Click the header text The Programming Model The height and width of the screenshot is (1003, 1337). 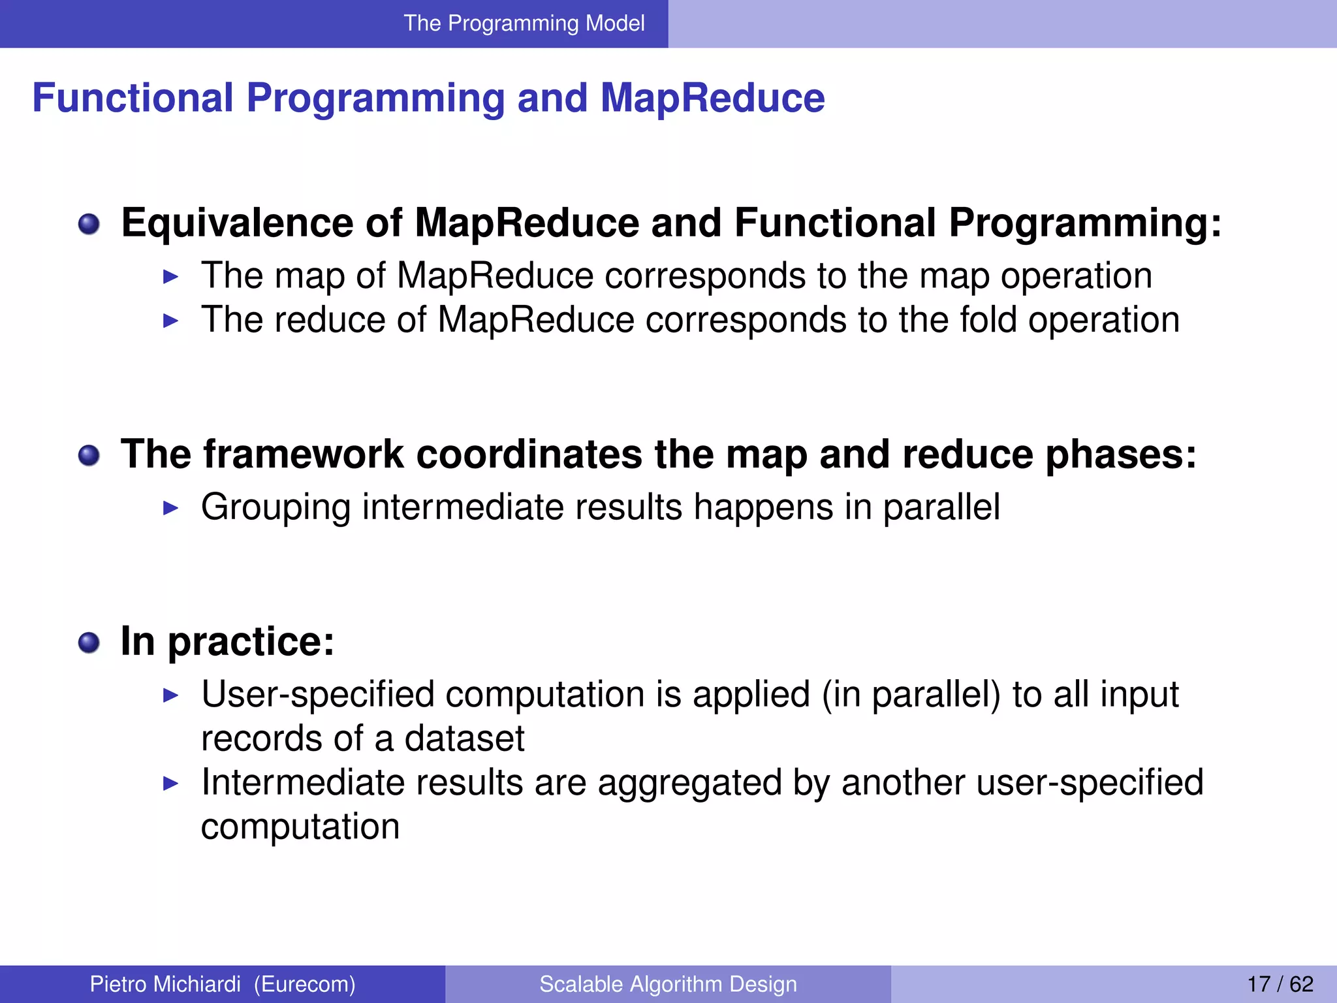(524, 24)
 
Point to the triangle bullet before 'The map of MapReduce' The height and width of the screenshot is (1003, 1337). (170, 277)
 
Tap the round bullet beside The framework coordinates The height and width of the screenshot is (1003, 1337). (89, 456)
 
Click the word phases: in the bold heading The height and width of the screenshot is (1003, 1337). (1121, 454)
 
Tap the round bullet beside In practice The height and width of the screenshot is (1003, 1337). (89, 643)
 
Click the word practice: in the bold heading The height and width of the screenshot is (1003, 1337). (251, 642)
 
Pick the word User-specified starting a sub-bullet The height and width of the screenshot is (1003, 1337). (317, 694)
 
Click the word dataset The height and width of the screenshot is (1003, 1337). (464, 739)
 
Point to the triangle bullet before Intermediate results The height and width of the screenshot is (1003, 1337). (170, 784)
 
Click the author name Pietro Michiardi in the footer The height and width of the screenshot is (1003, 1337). (165, 984)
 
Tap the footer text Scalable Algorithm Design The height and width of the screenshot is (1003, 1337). (668, 984)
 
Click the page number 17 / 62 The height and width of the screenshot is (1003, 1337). (1280, 984)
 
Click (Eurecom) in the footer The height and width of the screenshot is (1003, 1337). (305, 984)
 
